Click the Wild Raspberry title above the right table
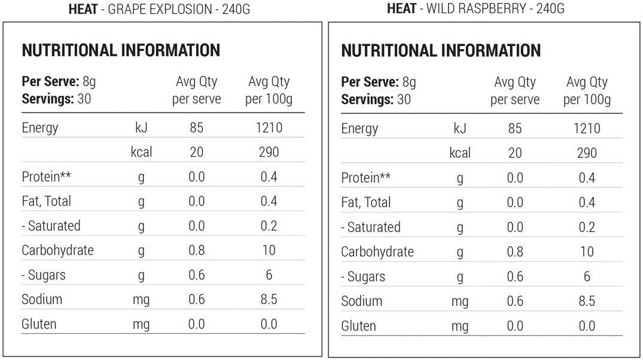pos(476,9)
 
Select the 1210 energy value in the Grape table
pos(269,128)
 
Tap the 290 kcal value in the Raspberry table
pos(587,153)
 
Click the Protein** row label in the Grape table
pos(47,177)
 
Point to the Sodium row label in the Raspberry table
pos(361,301)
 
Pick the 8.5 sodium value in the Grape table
pos(269,300)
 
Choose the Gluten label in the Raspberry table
pos(358,326)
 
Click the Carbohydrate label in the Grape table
pos(57,251)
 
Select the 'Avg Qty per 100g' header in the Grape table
pos(269,90)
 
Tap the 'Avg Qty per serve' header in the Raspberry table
pos(514,91)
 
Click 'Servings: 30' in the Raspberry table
pos(376,99)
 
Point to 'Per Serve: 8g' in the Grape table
pos(59,81)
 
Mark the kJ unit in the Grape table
pos(141,128)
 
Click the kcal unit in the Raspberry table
pos(459,153)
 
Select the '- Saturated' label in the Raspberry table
pos(370,227)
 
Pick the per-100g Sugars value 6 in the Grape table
pos(269,275)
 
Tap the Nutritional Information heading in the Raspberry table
pos(441,51)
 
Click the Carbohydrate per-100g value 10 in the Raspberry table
pos(587,252)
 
